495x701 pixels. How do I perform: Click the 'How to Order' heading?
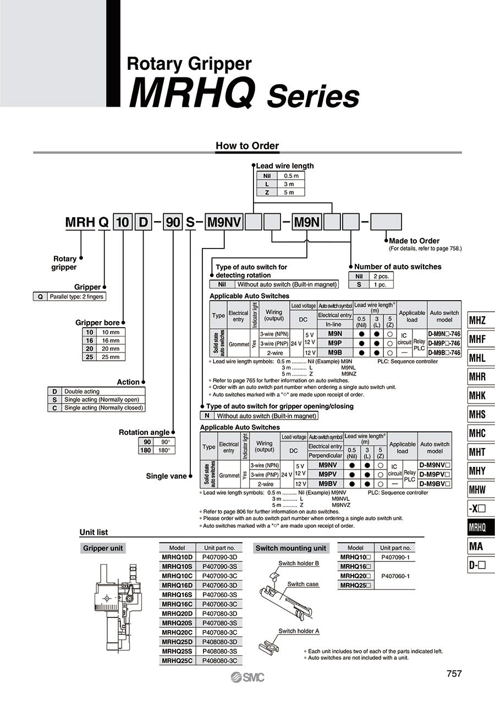247,146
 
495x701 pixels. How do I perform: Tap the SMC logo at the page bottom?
248,677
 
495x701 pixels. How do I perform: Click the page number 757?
454,674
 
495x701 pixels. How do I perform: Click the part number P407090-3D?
219,557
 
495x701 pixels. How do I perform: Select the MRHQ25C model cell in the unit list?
177,661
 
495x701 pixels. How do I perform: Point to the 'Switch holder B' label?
299,564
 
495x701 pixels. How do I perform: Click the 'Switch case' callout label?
302,584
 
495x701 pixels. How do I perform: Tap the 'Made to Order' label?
414,241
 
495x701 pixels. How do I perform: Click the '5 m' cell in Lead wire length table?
289,192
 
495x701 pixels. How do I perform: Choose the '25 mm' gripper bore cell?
111,357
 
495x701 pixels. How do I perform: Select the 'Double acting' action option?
82,391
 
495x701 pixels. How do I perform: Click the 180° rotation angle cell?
164,450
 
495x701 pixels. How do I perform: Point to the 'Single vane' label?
166,476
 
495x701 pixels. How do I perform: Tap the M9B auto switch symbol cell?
335,352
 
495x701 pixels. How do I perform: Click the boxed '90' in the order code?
173,222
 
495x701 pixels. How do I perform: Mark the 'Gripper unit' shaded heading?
103,548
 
